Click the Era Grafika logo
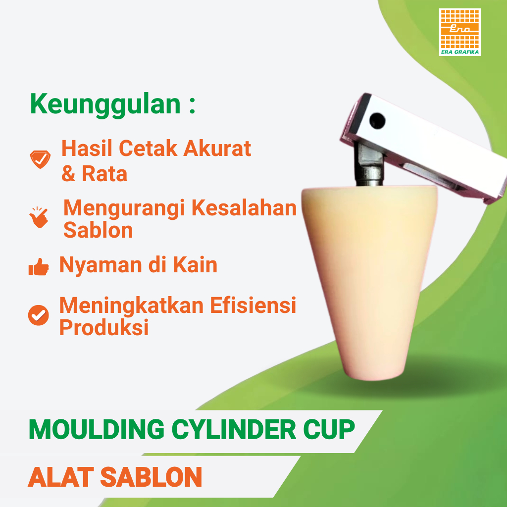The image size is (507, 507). point(459,32)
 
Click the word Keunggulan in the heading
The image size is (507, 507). point(105,104)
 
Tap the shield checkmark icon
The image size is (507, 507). point(40,159)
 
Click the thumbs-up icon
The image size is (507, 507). point(39,268)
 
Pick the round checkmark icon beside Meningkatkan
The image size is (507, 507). point(39,315)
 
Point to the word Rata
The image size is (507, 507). point(104,173)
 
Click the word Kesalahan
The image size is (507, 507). point(245,208)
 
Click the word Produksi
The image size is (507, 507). point(104,328)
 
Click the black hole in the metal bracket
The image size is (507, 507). point(378,119)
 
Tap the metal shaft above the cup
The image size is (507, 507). point(370,166)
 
